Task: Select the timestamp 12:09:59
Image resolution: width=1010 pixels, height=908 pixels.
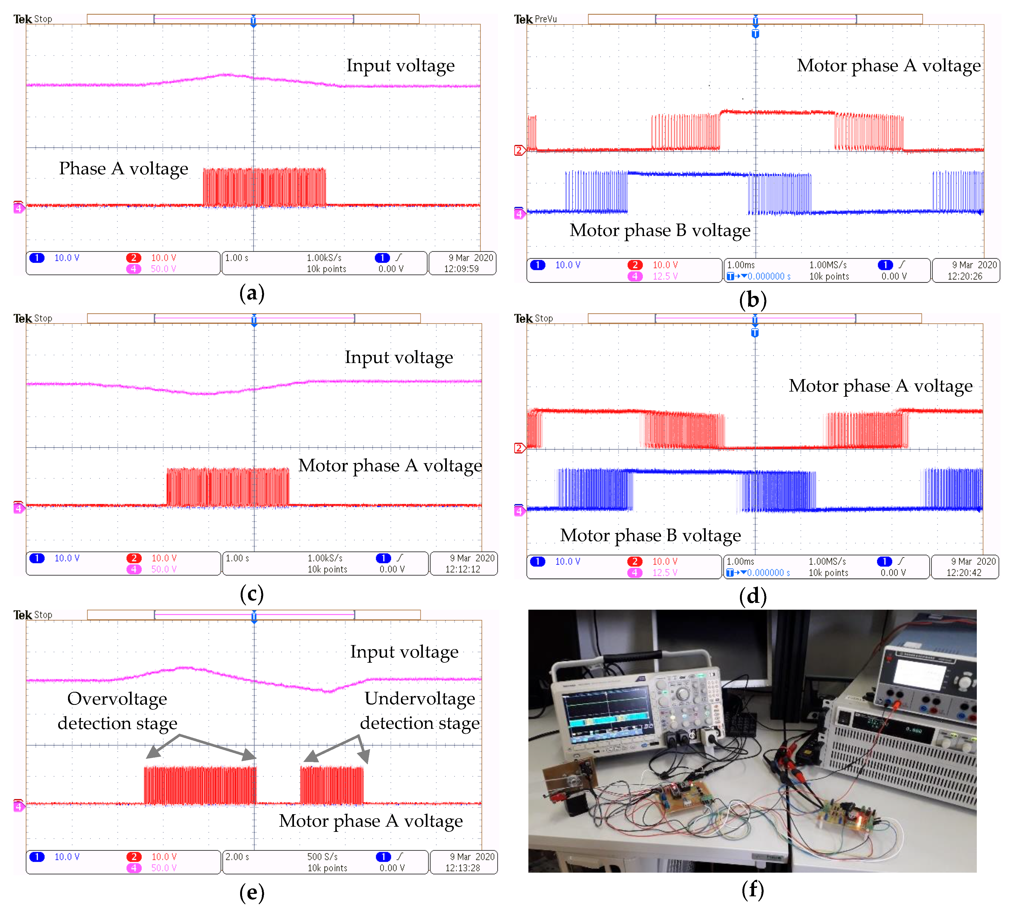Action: pyautogui.click(x=461, y=269)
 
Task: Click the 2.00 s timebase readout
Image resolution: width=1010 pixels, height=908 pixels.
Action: pyautogui.click(x=237, y=857)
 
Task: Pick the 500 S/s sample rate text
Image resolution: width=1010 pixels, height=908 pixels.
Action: pyautogui.click(x=322, y=857)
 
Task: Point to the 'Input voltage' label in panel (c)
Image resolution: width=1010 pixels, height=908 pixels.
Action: pyautogui.click(x=399, y=357)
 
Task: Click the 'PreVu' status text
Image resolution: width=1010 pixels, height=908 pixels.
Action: pyautogui.click(x=546, y=19)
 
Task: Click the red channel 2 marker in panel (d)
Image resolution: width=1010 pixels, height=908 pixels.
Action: pyautogui.click(x=519, y=448)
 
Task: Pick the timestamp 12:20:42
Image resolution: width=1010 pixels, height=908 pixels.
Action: pyautogui.click(x=963, y=573)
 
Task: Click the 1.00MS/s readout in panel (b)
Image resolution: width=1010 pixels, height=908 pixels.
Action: pyautogui.click(x=828, y=265)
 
